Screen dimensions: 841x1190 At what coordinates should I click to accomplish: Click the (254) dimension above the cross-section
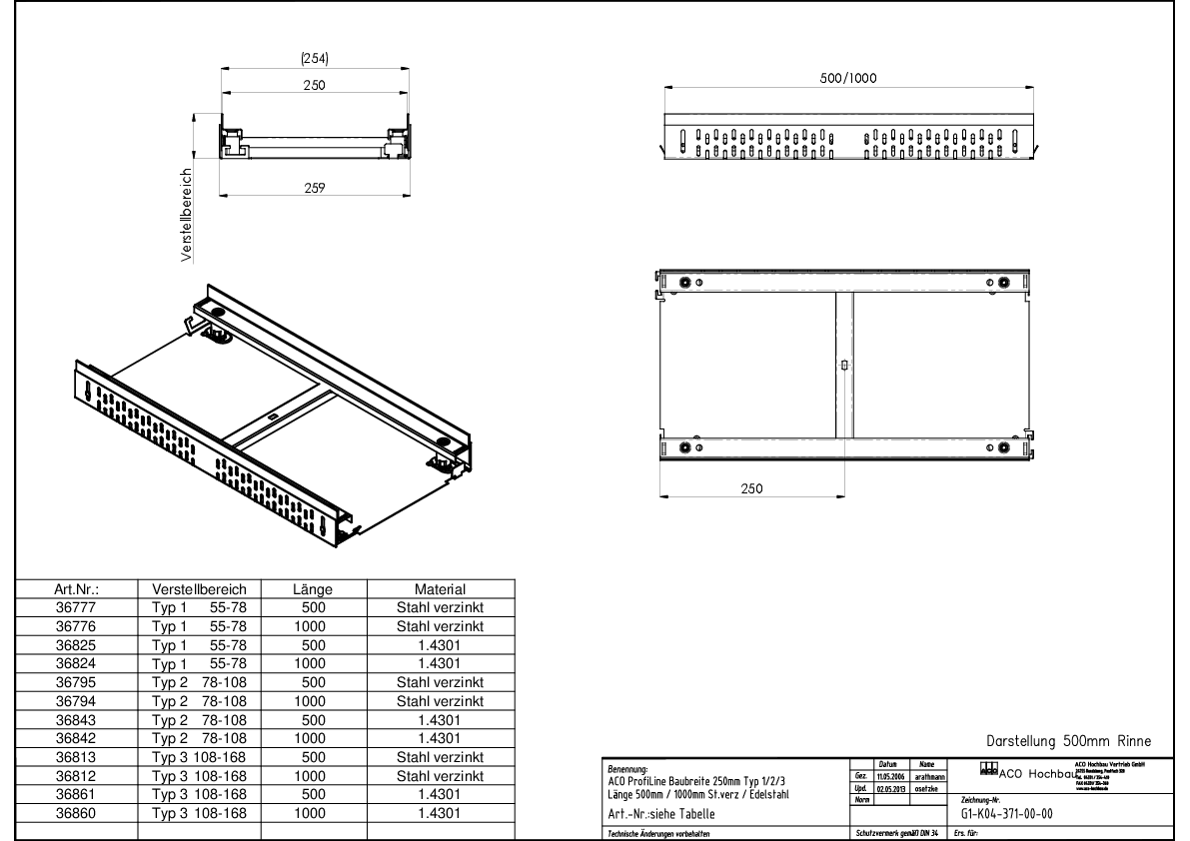315,59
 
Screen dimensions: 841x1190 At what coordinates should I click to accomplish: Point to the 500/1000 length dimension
848,79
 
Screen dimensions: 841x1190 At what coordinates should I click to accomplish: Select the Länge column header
314,589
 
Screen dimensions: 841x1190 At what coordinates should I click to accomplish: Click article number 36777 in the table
76,607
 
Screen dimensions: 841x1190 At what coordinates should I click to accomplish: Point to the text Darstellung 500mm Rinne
1068,741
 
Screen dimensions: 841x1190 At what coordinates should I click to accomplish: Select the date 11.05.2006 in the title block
891,775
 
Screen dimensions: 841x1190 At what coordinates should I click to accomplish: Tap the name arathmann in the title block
929,775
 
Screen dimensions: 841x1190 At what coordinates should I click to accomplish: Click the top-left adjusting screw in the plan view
684,283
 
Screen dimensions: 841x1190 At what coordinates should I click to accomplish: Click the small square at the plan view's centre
844,366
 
